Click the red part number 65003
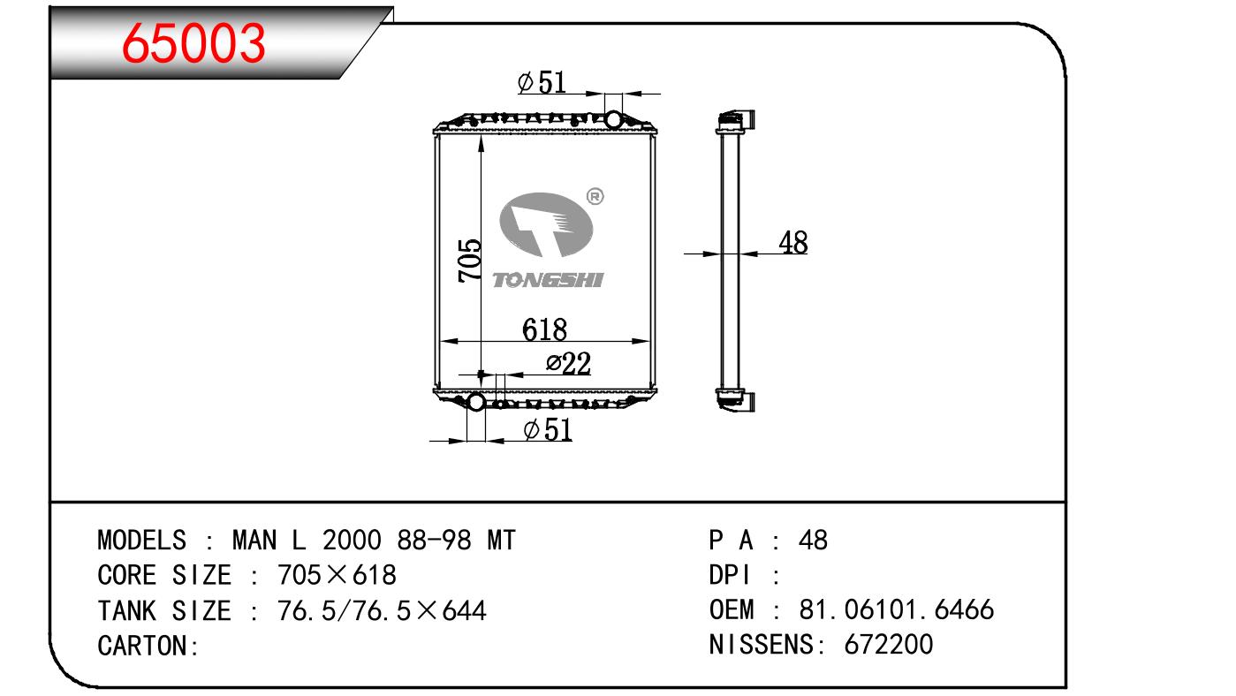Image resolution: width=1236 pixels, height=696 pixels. pyautogui.click(x=194, y=42)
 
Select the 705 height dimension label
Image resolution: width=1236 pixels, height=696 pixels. pyautogui.click(x=470, y=261)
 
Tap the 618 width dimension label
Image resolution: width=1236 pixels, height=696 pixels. pyautogui.click(x=544, y=329)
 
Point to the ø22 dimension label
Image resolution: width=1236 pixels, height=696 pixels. pyautogui.click(x=567, y=364)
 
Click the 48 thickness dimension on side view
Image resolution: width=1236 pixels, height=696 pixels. pyautogui.click(x=792, y=243)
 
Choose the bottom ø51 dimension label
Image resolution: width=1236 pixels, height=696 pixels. pyautogui.click(x=547, y=430)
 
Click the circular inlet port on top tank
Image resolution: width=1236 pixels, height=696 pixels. pyautogui.click(x=612, y=118)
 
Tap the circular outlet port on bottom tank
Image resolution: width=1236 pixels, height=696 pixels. pyautogui.click(x=475, y=403)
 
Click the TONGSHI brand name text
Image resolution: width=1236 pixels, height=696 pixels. pyautogui.click(x=547, y=280)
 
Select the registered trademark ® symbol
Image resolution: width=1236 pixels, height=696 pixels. pyautogui.click(x=595, y=196)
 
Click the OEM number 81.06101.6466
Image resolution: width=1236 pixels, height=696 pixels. pyautogui.click(x=897, y=609)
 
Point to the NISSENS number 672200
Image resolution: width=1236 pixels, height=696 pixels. pyautogui.click(x=889, y=644)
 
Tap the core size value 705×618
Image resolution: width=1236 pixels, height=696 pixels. pyautogui.click(x=337, y=575)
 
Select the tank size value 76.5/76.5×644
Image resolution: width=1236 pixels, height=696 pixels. pyautogui.click(x=382, y=610)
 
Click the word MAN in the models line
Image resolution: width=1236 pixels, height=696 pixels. pyautogui.click(x=256, y=540)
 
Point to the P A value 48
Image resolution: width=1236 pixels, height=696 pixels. pyautogui.click(x=813, y=540)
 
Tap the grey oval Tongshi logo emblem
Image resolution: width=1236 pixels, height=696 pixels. pyautogui.click(x=546, y=229)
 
